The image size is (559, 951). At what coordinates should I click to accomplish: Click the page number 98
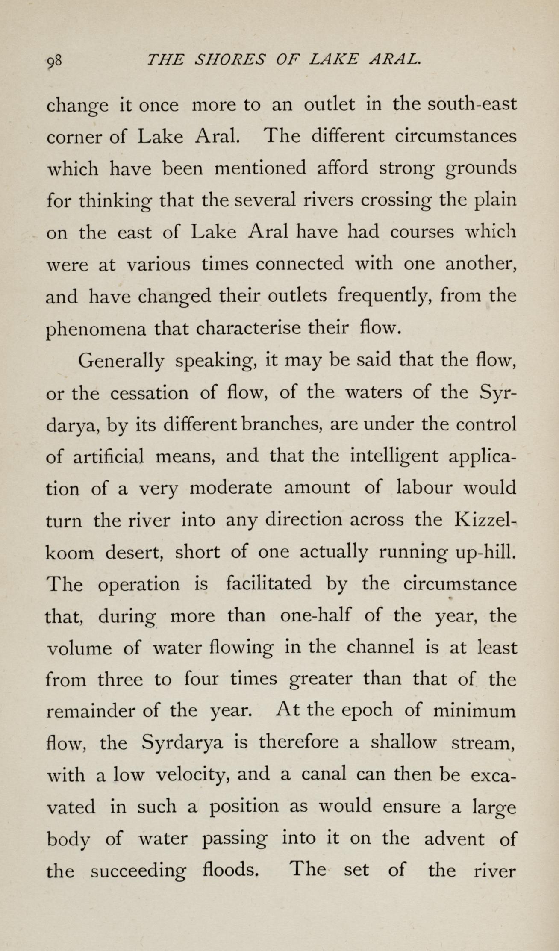point(55,62)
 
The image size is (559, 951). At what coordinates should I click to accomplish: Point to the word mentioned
point(260,168)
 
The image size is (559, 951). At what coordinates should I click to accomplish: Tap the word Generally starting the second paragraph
point(121,362)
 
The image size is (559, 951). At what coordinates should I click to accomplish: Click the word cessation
point(149,393)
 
